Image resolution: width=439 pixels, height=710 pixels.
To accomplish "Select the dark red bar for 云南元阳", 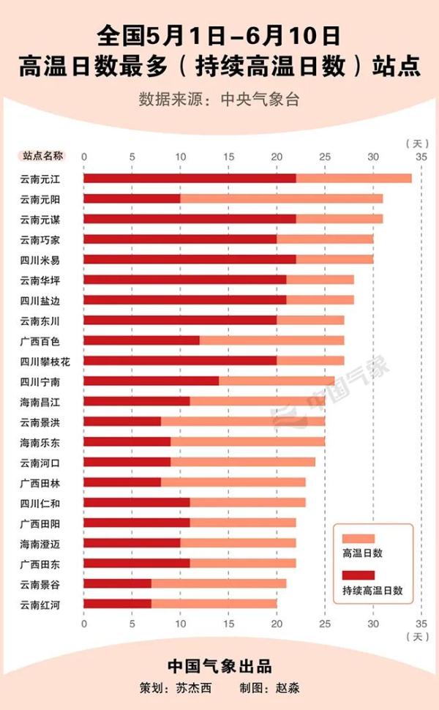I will (132, 199).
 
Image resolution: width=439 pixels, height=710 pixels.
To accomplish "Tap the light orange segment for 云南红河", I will (214, 604).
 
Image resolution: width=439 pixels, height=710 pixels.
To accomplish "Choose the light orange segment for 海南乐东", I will (247, 442).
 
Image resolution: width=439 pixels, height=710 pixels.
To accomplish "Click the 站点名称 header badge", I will (43, 156).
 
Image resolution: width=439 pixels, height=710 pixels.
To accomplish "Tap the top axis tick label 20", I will (277, 157).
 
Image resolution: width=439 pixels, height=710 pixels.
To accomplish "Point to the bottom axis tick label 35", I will (421, 623).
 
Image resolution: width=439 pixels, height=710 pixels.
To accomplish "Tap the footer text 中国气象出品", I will (219, 666).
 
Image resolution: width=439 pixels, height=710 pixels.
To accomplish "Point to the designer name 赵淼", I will (288, 689).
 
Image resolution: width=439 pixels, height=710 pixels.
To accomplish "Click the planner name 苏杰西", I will (193, 689).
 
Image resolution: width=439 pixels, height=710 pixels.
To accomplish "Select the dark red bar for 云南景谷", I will (117, 583).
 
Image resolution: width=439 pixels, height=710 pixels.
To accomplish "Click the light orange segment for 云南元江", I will (353, 179).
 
